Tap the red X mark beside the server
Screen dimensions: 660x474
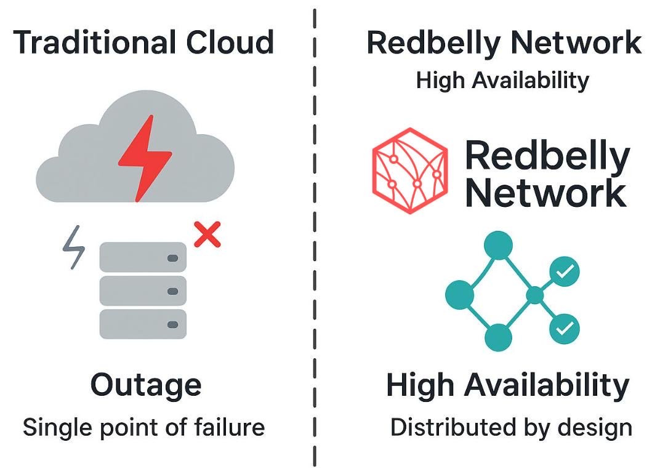click(x=207, y=234)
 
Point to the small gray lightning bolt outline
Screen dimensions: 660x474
click(x=74, y=247)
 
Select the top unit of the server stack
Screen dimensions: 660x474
click(x=143, y=257)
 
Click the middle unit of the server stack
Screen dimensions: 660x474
click(x=143, y=291)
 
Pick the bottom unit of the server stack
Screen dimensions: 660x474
click(x=143, y=324)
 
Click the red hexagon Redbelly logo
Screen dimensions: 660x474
click(x=410, y=171)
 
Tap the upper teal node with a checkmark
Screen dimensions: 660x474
click(x=565, y=271)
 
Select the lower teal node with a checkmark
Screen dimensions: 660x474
click(x=565, y=329)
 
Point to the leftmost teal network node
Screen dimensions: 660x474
click(x=460, y=295)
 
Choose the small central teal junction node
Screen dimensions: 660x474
click(x=535, y=295)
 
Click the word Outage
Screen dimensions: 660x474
click(x=146, y=385)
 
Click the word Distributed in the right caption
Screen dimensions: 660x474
click(x=453, y=427)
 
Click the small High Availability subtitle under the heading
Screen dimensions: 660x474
click(x=502, y=80)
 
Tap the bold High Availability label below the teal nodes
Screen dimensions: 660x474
click(x=508, y=385)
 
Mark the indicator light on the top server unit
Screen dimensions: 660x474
click(x=172, y=258)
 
